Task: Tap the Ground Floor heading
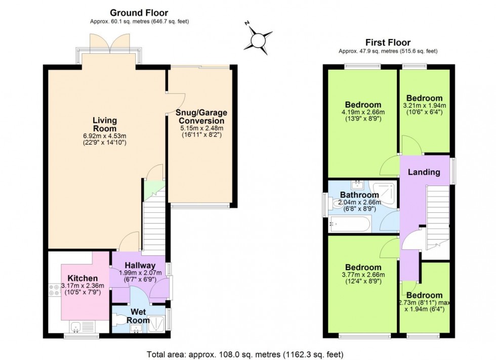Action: coord(139,13)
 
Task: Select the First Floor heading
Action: coord(388,42)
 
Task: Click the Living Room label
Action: coord(105,124)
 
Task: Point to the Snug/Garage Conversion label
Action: coord(201,116)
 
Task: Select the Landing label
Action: coord(424,172)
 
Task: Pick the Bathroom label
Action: coord(359,195)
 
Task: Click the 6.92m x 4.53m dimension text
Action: coord(105,136)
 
